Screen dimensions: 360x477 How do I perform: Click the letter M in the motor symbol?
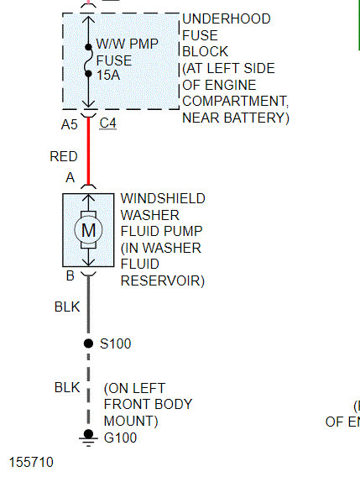click(x=88, y=230)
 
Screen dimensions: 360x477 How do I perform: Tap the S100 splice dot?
click(x=88, y=343)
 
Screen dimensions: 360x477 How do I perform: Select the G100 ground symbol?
click(x=88, y=438)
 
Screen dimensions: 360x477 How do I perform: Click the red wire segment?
click(x=88, y=151)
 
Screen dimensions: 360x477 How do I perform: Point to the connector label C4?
click(x=108, y=123)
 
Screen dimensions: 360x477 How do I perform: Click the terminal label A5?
click(x=70, y=125)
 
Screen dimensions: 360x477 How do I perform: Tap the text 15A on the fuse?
click(x=108, y=75)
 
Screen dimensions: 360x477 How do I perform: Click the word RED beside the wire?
click(x=64, y=156)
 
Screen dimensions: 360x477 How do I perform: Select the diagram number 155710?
click(x=31, y=462)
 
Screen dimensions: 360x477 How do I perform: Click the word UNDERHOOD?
click(x=227, y=18)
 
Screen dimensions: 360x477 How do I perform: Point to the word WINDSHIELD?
click(x=163, y=199)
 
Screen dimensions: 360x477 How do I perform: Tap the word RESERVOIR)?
click(x=163, y=280)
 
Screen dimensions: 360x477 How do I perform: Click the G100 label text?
click(x=120, y=438)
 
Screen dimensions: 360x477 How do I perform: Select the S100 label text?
click(x=116, y=343)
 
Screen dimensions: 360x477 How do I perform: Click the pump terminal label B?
click(x=70, y=275)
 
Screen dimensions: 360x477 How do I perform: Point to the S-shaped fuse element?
click(x=88, y=60)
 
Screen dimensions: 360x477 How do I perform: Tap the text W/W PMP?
click(x=128, y=44)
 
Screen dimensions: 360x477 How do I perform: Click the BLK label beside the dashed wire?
click(x=67, y=388)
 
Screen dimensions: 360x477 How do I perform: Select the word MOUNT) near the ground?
click(x=131, y=422)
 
